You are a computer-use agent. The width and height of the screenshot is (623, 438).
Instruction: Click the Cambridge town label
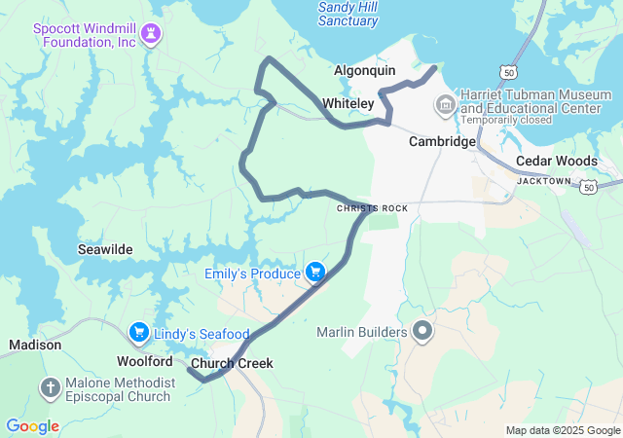coord(441,141)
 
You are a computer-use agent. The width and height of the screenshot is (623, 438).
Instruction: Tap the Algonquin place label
coord(365,71)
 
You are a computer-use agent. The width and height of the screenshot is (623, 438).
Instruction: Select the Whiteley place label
coord(348,103)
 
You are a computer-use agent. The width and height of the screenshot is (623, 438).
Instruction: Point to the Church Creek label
coord(232,364)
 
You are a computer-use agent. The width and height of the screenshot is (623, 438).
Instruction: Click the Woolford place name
coord(145,361)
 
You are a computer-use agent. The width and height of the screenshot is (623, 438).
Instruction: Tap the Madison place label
coord(35,345)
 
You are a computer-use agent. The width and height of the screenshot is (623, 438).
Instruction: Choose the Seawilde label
coord(105,250)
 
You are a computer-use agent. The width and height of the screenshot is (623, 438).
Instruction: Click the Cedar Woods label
coord(556,161)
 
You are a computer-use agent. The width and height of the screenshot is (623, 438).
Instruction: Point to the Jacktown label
coord(543,181)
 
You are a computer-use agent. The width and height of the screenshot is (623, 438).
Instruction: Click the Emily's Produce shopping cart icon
coord(315,273)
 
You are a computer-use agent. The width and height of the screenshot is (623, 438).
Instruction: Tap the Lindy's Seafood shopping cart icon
coord(139,333)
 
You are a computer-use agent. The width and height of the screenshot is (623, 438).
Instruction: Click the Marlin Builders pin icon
coord(422,332)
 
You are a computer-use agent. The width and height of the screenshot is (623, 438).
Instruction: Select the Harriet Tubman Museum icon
coord(446,102)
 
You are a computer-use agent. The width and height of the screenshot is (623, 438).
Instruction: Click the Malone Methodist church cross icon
coord(50,389)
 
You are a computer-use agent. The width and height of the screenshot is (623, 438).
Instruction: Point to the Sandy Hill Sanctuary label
coord(348,14)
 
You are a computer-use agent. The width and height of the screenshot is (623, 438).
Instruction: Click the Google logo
coord(32,426)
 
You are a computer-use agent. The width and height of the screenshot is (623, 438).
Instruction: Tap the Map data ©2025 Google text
coord(562,430)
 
